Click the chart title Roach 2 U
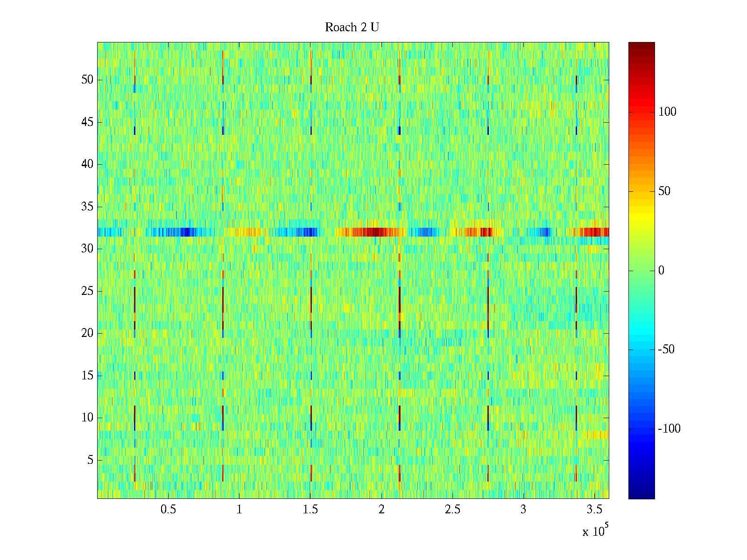click(x=352, y=28)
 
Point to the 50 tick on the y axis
click(x=87, y=80)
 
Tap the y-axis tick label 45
click(x=87, y=122)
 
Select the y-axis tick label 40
click(x=87, y=164)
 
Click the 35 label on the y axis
click(x=87, y=207)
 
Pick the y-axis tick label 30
click(x=87, y=249)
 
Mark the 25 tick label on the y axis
click(x=87, y=291)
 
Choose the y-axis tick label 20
click(x=87, y=333)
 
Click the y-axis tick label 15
click(x=87, y=376)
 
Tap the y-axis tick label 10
click(x=87, y=418)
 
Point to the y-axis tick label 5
click(x=90, y=460)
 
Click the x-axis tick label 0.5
click(x=169, y=510)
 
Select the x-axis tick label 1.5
click(x=310, y=510)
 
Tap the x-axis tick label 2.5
click(x=452, y=510)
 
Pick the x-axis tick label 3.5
click(x=594, y=510)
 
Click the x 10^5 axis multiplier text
click(x=594, y=531)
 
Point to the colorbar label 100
click(x=667, y=112)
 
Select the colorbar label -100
click(x=669, y=429)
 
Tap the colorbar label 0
click(x=661, y=271)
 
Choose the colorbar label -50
click(x=666, y=350)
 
